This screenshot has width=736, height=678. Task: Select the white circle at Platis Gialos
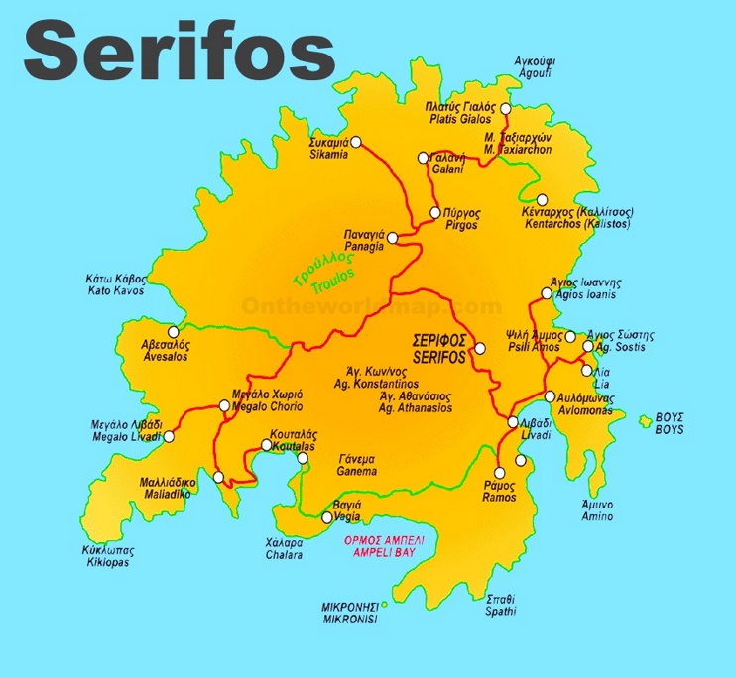[505, 108]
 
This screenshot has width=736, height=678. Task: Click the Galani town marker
[424, 157]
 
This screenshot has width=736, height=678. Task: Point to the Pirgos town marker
[434, 213]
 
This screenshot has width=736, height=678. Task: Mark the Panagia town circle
[392, 237]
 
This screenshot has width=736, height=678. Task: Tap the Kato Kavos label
[116, 285]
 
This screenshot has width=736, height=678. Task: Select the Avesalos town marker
[174, 332]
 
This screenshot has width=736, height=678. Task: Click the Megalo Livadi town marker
[169, 436]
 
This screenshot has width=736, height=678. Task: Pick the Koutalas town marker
[265, 445]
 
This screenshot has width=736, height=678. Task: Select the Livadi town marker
[513, 422]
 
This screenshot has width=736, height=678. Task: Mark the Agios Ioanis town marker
[546, 293]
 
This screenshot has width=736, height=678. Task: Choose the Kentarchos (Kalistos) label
[576, 218]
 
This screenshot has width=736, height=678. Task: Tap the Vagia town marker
[328, 516]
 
